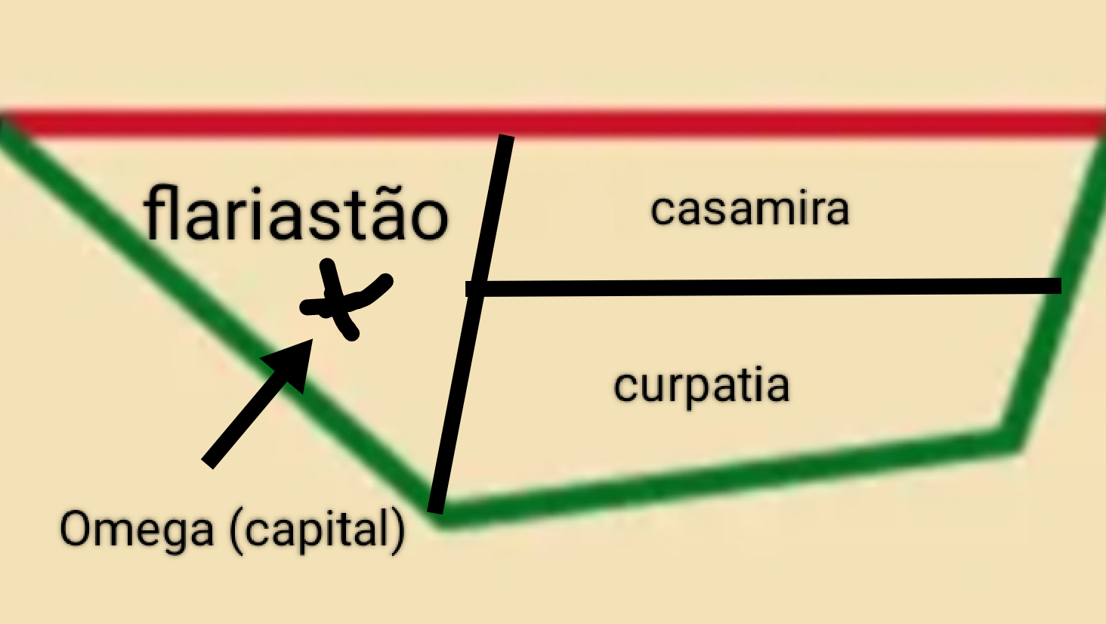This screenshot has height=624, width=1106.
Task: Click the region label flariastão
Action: (296, 215)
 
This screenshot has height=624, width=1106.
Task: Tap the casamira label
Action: (749, 209)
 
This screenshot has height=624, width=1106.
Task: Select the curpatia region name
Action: (701, 386)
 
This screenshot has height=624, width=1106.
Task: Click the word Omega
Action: (137, 530)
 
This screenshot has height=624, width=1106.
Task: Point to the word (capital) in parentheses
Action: (317, 530)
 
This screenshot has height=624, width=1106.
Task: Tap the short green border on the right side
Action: (1058, 287)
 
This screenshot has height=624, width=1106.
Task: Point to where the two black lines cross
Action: (477, 289)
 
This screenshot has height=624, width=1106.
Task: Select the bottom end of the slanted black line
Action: (436, 508)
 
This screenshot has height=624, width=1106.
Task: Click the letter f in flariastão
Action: (156, 215)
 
